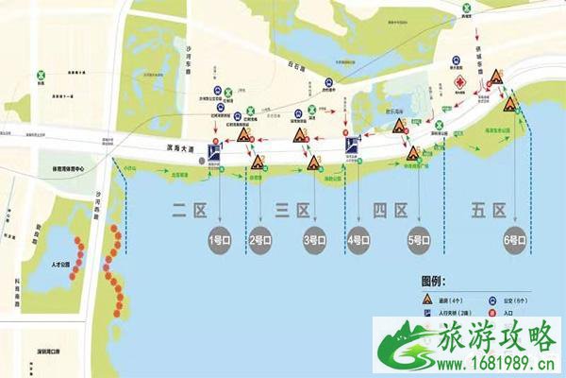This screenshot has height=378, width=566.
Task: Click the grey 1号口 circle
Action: point(220,240)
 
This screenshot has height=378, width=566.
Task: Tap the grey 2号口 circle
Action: point(260,240)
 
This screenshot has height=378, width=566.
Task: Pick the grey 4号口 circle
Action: point(359,240)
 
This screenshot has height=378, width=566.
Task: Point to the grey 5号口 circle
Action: point(418,240)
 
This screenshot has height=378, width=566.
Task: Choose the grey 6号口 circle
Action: point(517,240)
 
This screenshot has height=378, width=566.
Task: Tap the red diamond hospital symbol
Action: point(461,83)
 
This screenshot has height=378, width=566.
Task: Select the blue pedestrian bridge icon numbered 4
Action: point(351,146)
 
